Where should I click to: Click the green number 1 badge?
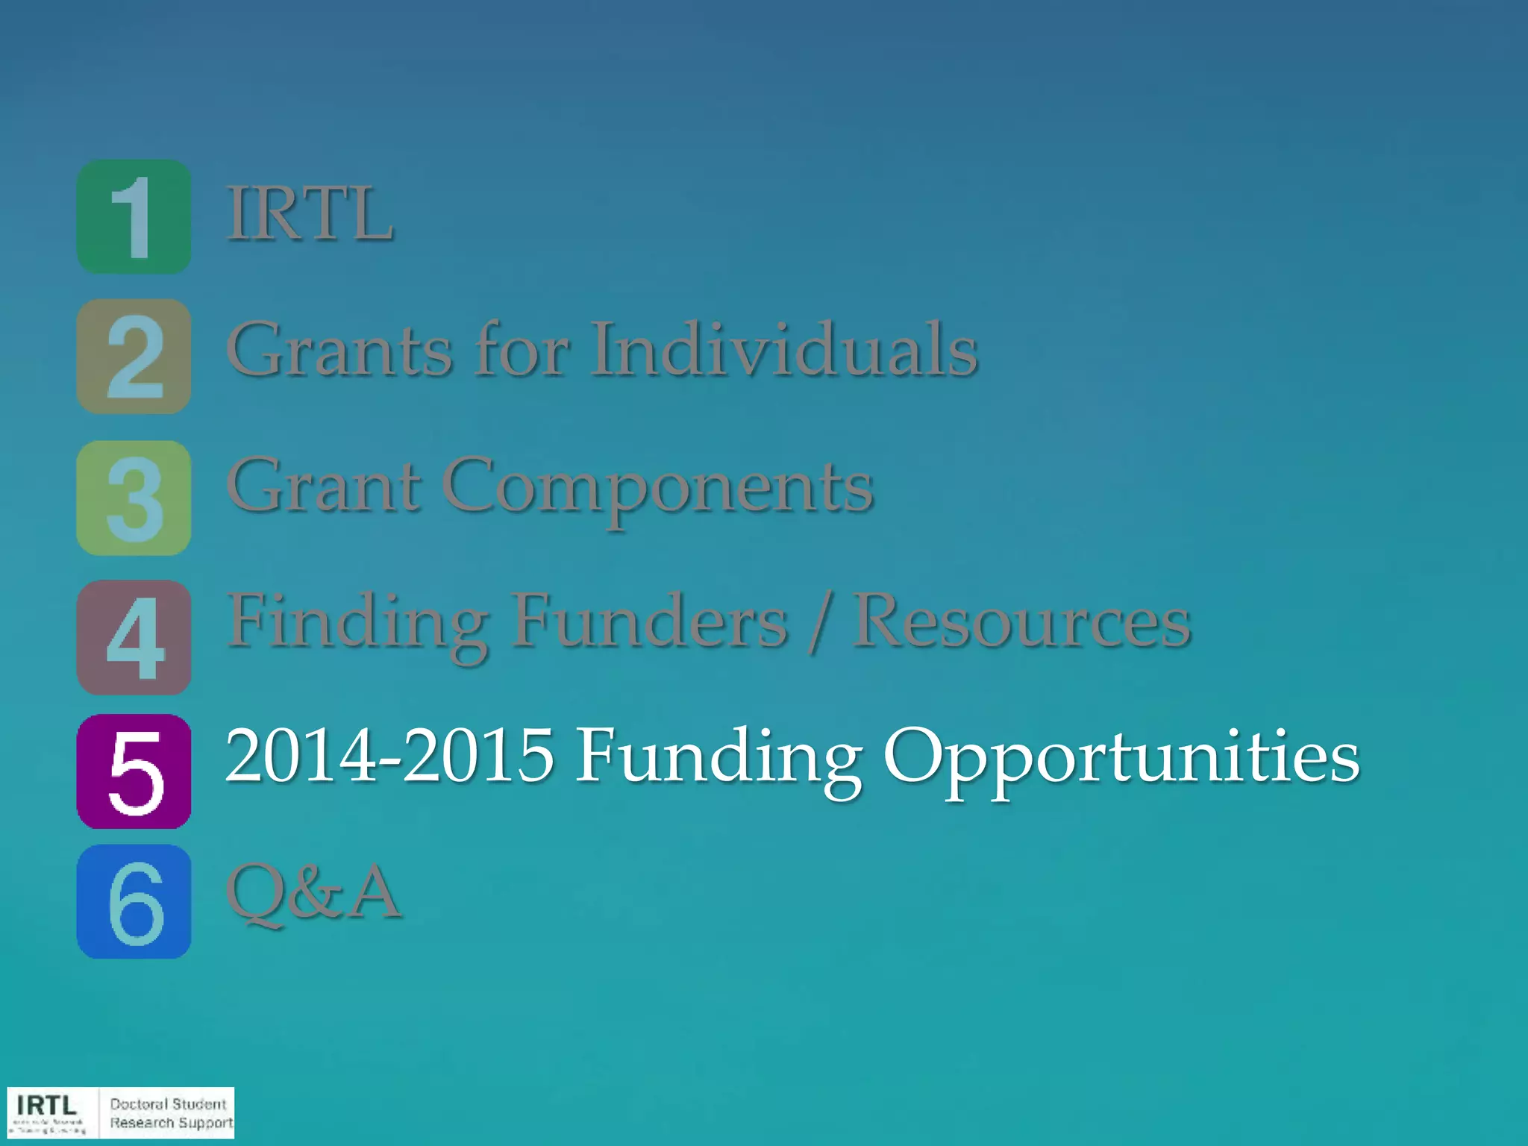(134, 216)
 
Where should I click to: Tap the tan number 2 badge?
(134, 357)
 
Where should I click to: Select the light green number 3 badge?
(134, 498)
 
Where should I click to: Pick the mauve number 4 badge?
(134, 638)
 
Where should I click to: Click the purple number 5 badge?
(134, 771)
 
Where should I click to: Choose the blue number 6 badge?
(134, 902)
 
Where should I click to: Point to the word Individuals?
(784, 349)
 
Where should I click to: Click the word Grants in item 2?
(339, 349)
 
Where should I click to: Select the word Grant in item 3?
(323, 486)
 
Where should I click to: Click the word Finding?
(357, 623)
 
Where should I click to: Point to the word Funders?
(649, 621)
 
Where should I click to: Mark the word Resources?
(1021, 621)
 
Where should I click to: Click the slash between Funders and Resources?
(819, 623)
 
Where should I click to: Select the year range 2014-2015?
(389, 756)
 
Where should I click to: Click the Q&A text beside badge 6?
(313, 893)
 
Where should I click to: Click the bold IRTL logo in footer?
(46, 1105)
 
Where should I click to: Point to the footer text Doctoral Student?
(168, 1104)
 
